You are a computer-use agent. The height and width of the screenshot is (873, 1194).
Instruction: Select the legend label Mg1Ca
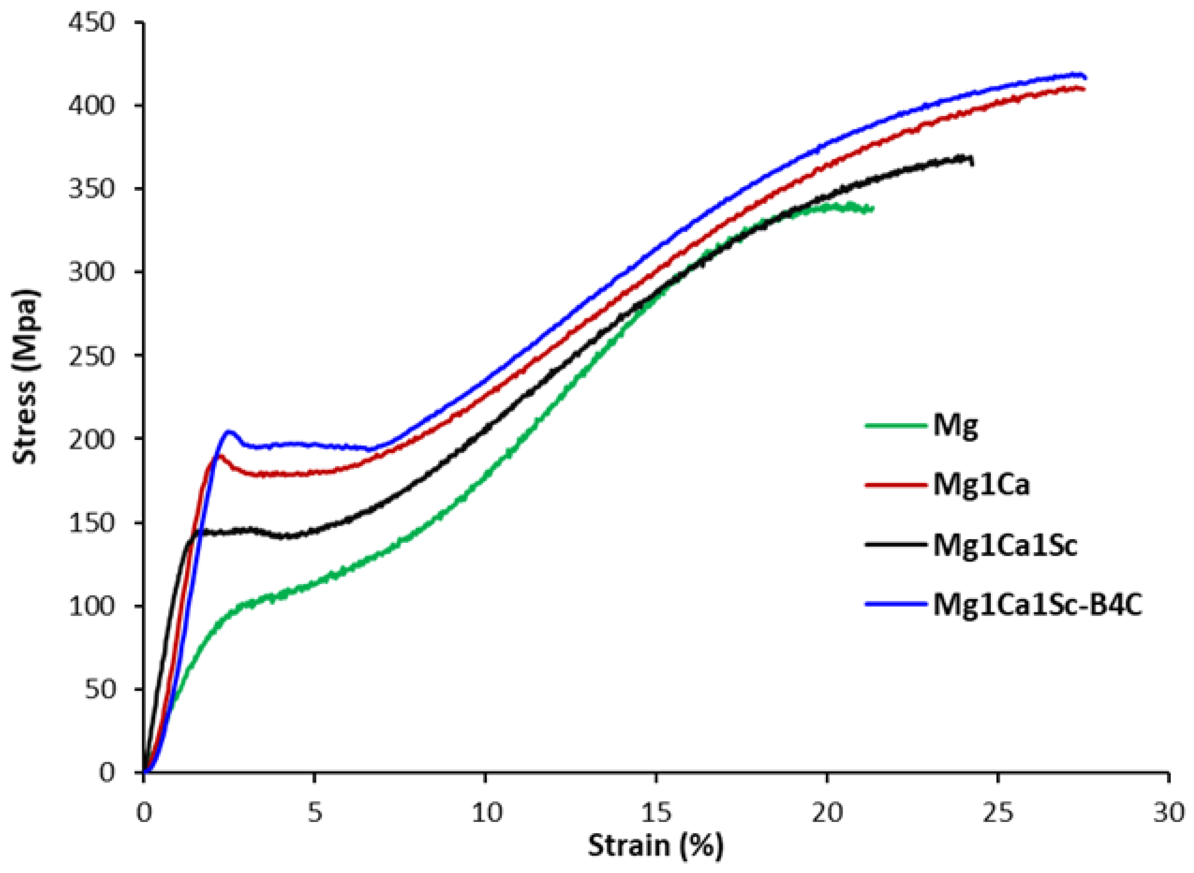(x=981, y=485)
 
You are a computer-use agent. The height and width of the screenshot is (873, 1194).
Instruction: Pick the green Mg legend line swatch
(x=896, y=425)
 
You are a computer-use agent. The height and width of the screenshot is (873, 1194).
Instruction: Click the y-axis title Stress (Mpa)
(x=25, y=376)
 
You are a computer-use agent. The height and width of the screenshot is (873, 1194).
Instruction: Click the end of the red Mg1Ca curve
(x=1084, y=89)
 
